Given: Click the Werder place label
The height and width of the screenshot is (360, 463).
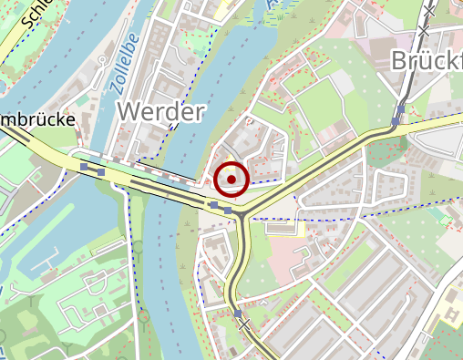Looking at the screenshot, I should [160, 112].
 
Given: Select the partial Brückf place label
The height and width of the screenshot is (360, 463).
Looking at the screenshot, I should [427, 61].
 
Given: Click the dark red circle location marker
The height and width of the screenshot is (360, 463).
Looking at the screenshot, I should [232, 180].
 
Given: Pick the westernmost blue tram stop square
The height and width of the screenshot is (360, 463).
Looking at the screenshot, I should [85, 168].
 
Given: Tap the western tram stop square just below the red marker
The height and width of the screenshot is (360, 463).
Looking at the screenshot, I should [214, 206].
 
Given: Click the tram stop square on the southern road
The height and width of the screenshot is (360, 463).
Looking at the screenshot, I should [238, 314].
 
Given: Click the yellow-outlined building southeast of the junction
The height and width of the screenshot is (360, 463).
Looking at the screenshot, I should [283, 227].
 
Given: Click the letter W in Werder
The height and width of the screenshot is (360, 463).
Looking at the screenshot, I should [129, 112].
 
